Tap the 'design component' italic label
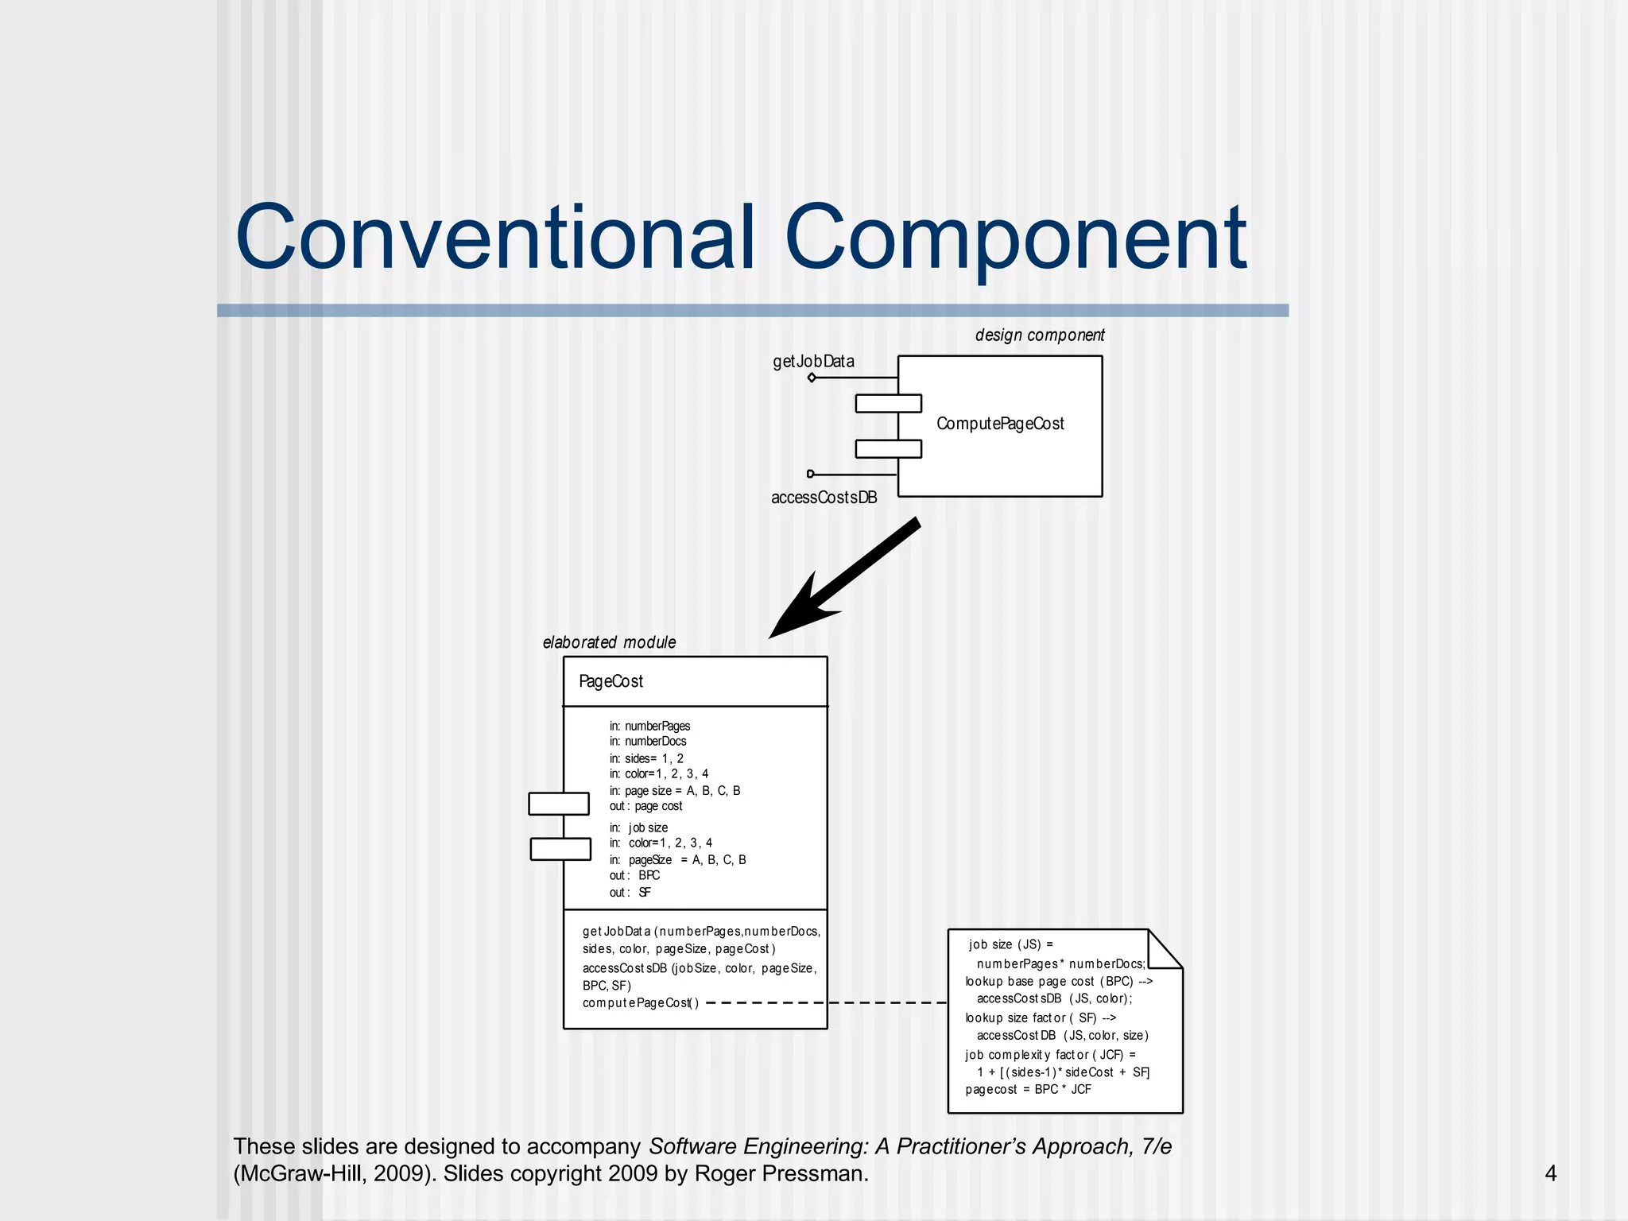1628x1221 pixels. point(1039,335)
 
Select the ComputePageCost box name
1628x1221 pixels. point(1000,424)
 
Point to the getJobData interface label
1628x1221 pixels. point(813,362)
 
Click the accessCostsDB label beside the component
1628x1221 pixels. point(824,498)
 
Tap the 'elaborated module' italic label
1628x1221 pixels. point(609,642)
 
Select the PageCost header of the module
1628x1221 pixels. point(610,681)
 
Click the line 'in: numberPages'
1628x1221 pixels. point(649,726)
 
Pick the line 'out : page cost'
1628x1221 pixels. point(645,806)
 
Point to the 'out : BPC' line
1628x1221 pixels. point(634,875)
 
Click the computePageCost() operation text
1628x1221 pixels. point(640,1003)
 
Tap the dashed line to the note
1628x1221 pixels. point(827,1003)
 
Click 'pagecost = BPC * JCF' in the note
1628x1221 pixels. point(1028,1089)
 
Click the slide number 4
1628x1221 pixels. point(1550,1173)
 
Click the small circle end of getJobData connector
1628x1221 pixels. point(812,378)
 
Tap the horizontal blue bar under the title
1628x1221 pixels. point(752,310)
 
